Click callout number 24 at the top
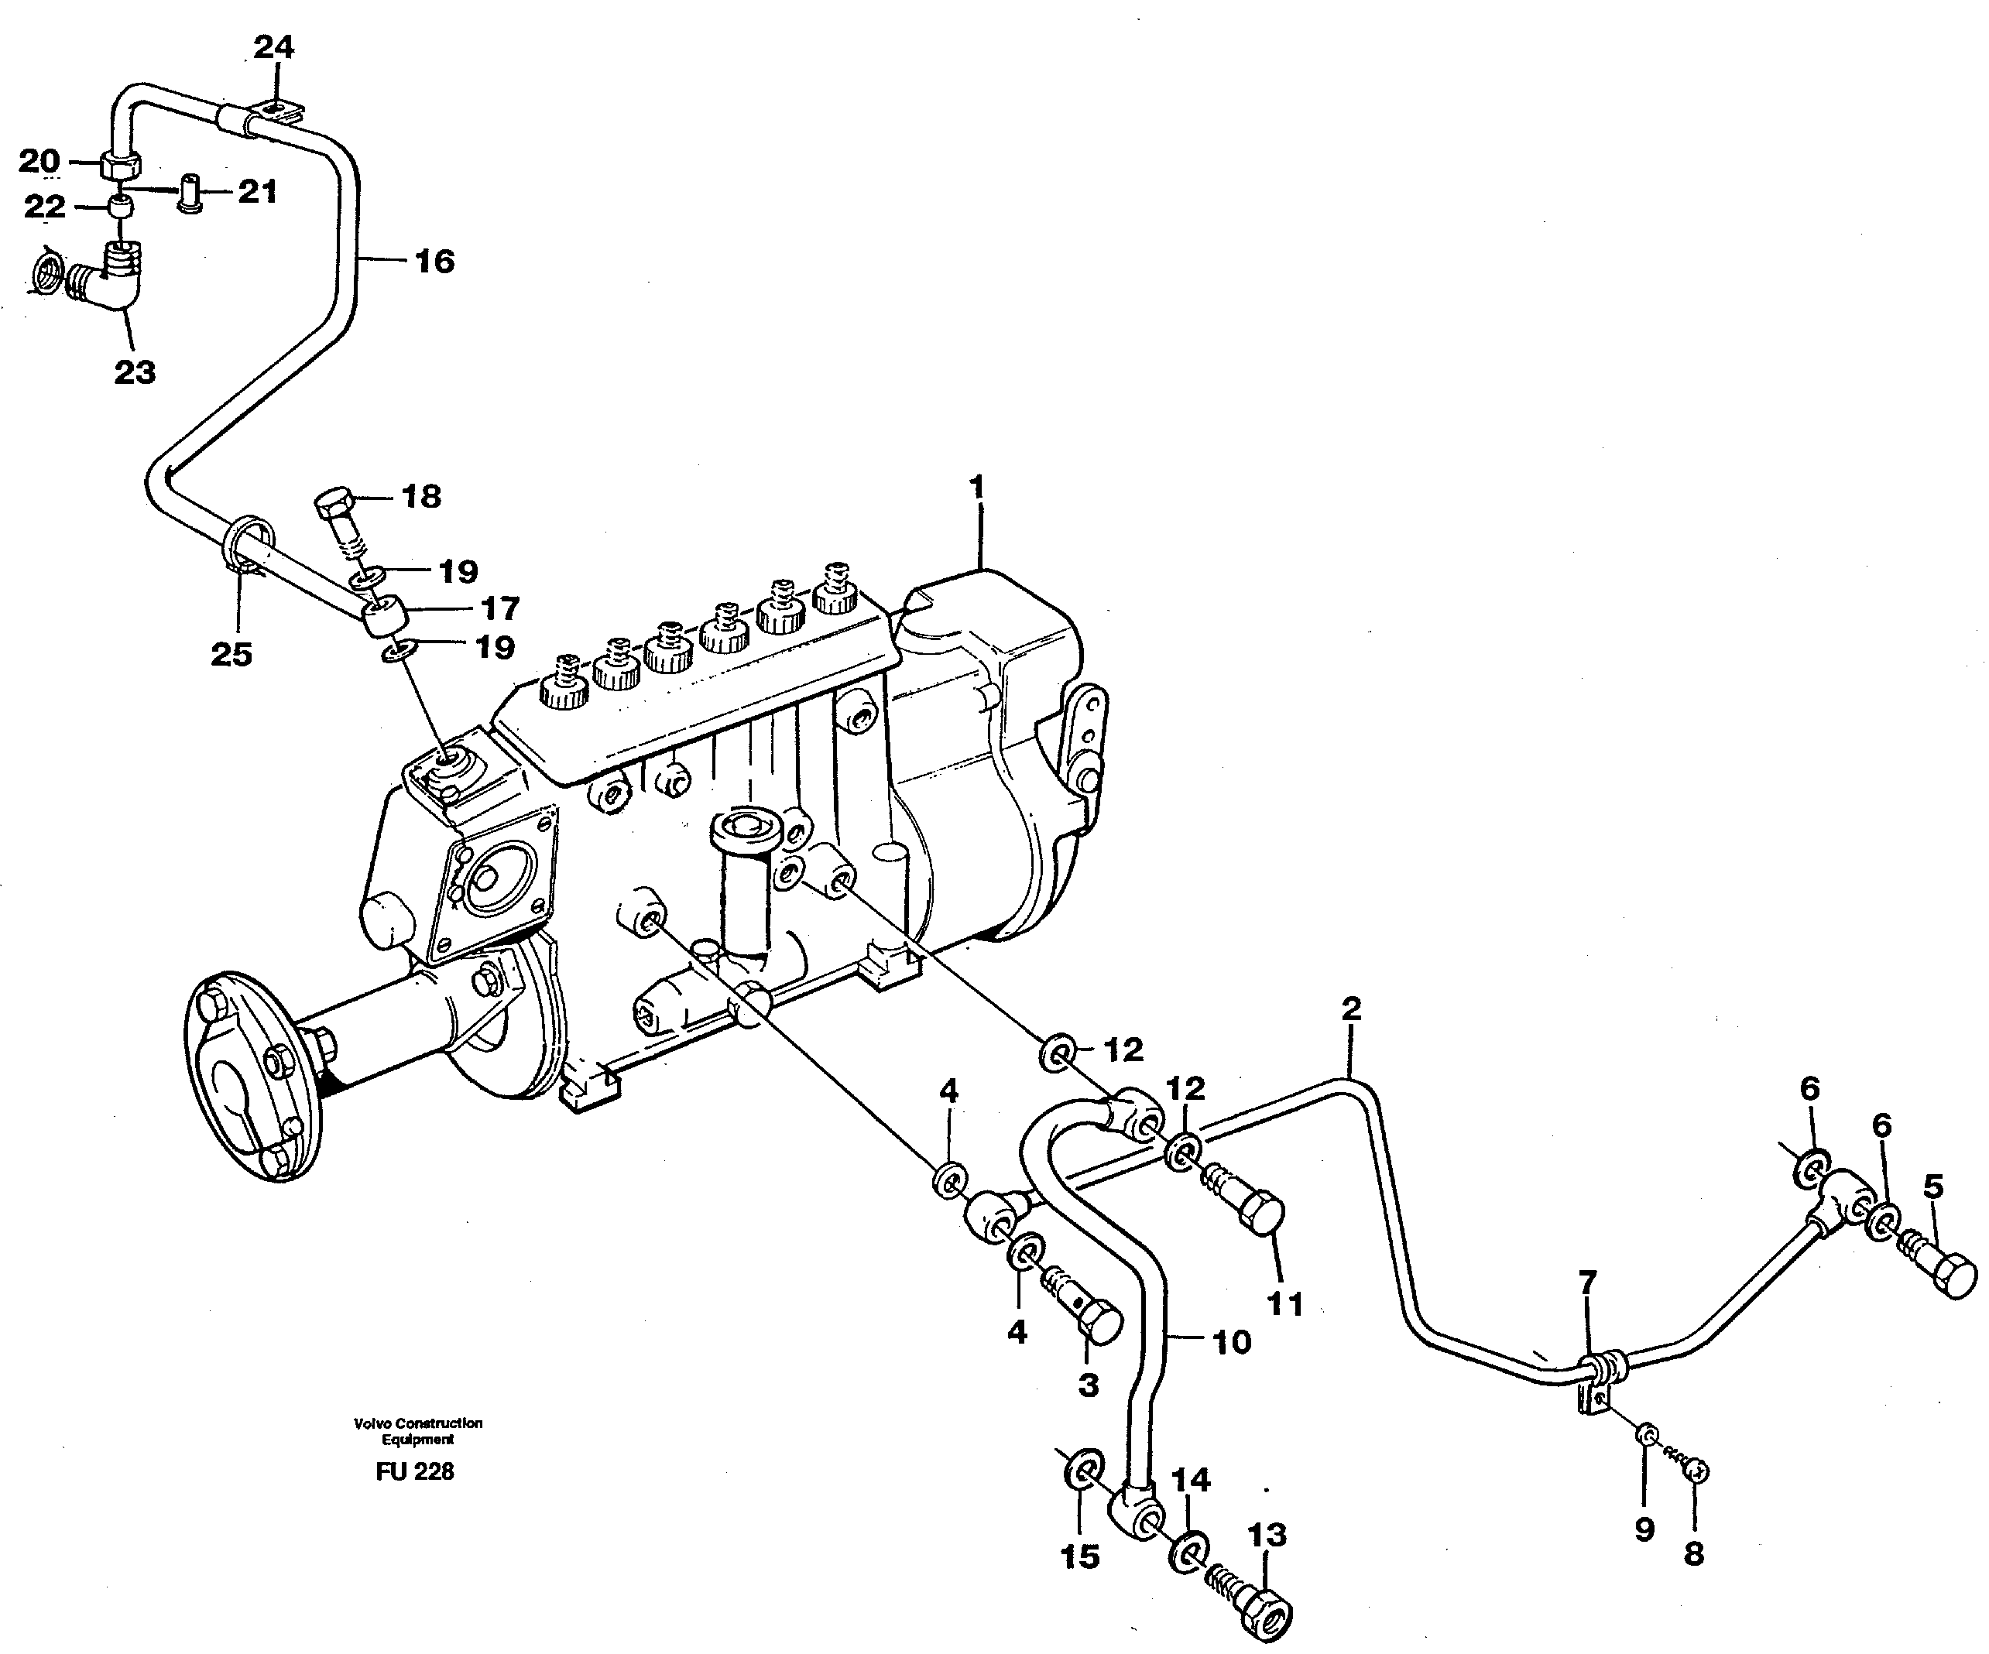pos(274,46)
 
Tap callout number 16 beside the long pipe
pos(435,262)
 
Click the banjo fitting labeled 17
pos(386,620)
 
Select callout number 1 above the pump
pos(976,488)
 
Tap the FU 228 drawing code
pos(415,1471)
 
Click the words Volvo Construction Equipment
pos(417,1430)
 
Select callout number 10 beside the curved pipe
pos(1231,1341)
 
